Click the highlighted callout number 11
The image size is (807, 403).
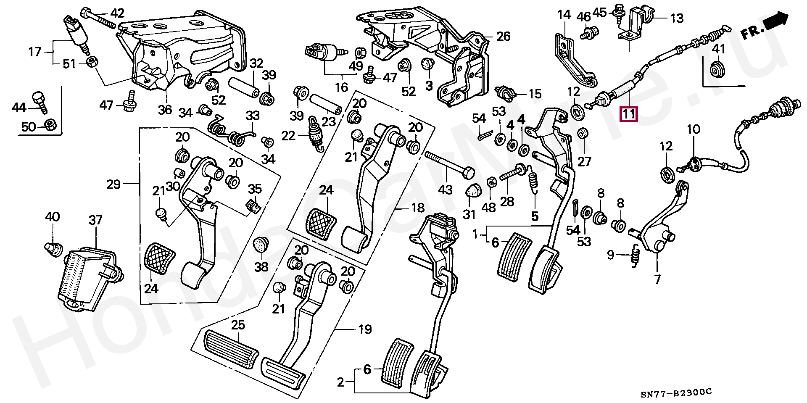(x=629, y=114)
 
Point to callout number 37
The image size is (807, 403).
(x=95, y=220)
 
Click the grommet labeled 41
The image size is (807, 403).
(x=718, y=69)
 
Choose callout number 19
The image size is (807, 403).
(x=365, y=329)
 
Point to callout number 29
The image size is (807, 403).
(x=114, y=184)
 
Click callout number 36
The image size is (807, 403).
(x=165, y=110)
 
